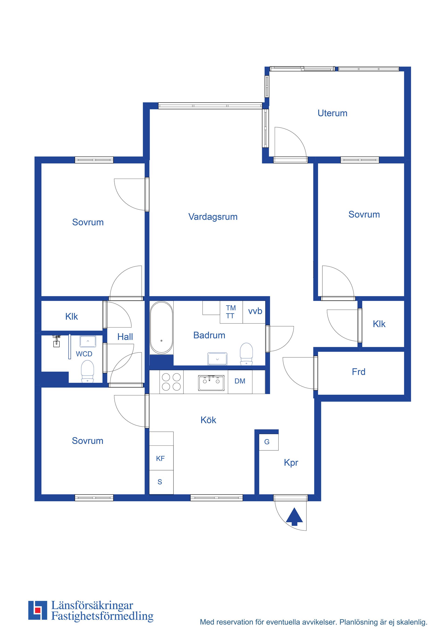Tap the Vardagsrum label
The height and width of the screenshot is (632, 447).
pyautogui.click(x=213, y=217)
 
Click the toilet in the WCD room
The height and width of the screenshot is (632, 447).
pyautogui.click(x=88, y=372)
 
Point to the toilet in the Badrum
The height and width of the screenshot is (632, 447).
pyautogui.click(x=246, y=354)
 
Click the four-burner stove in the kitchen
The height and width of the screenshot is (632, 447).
pyautogui.click(x=171, y=382)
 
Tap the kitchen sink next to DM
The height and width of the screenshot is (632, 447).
pyautogui.click(x=211, y=382)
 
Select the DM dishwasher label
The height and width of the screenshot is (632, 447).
pyautogui.click(x=240, y=381)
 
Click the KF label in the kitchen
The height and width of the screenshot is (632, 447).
pyautogui.click(x=160, y=459)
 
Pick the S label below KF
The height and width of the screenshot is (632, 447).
pyautogui.click(x=160, y=482)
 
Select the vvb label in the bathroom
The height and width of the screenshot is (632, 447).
pyautogui.click(x=255, y=311)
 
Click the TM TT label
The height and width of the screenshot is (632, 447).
pyautogui.click(x=231, y=312)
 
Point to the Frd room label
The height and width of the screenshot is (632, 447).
pyautogui.click(x=359, y=372)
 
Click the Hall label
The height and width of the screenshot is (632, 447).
pyautogui.click(x=125, y=337)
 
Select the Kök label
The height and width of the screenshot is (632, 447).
pyautogui.click(x=208, y=420)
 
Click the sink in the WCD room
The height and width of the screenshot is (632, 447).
pyautogui.click(x=88, y=341)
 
